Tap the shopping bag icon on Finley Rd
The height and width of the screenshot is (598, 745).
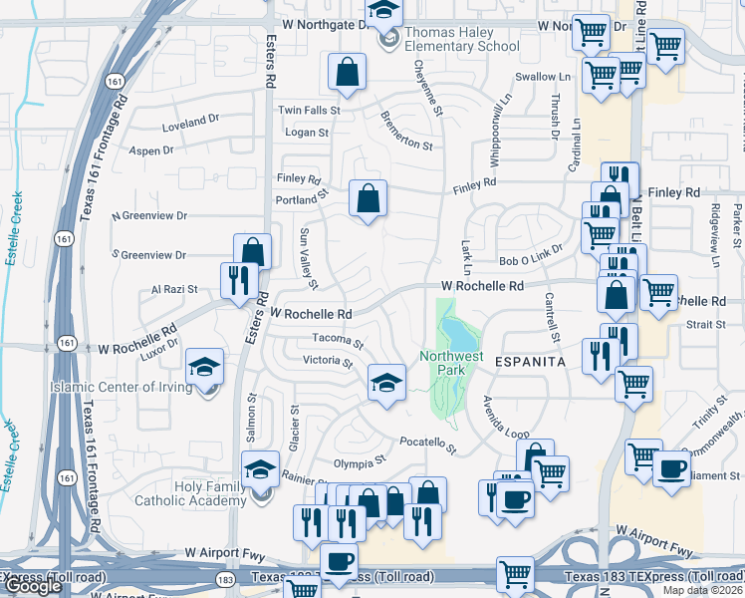point(369,197)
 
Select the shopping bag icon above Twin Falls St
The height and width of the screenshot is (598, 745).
point(347,71)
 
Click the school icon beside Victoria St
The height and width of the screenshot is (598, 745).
point(386,381)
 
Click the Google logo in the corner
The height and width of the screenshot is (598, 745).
point(33,585)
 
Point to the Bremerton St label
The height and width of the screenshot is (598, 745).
point(406,131)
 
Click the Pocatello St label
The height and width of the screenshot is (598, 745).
point(427,444)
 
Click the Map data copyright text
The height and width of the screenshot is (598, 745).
point(702,590)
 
